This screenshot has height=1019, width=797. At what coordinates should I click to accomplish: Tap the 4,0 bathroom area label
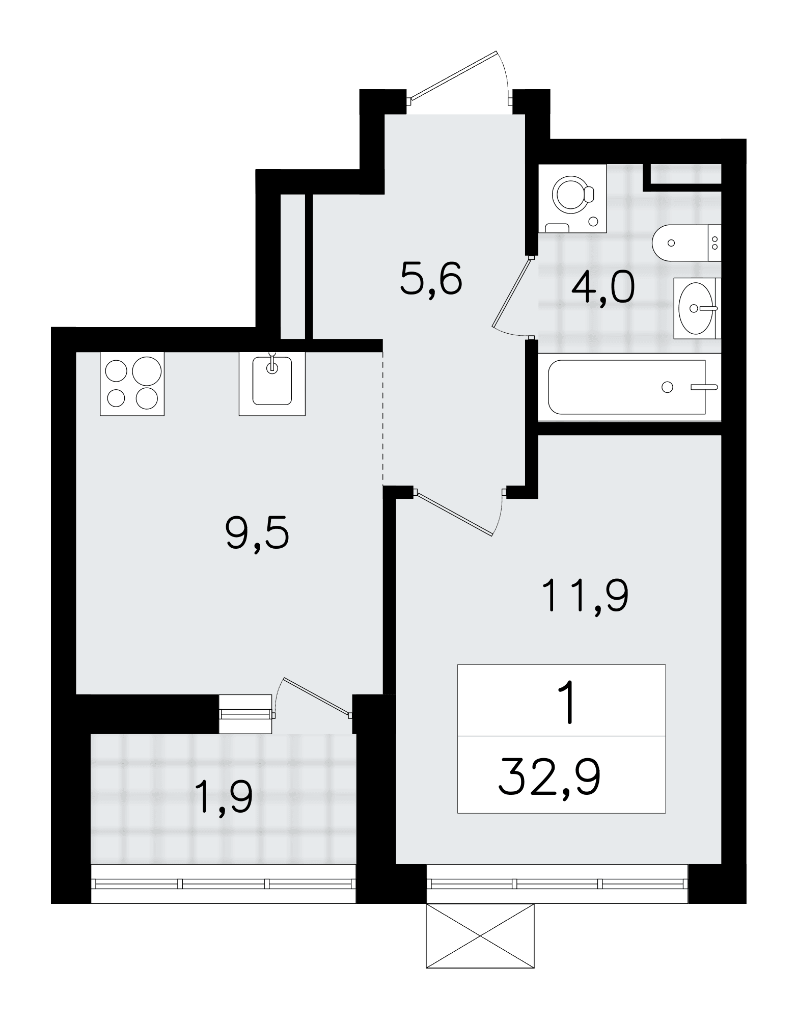pos(603,287)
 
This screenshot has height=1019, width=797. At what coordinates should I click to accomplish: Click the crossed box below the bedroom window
pos(480,935)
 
